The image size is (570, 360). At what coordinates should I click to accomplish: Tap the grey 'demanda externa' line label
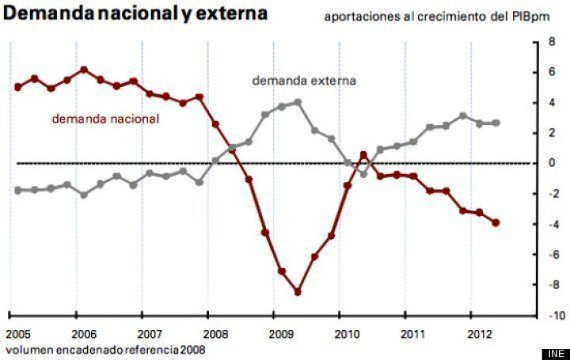304,80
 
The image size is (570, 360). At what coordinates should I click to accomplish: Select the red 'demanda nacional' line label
105,119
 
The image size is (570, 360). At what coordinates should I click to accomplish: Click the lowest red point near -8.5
298,292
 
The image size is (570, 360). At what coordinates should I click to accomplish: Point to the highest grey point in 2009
298,102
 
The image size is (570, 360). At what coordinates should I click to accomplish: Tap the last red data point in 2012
496,222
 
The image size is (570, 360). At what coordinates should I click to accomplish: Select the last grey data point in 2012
496,123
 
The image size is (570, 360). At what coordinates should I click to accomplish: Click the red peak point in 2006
84,70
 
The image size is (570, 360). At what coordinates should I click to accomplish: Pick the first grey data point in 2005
17,190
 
